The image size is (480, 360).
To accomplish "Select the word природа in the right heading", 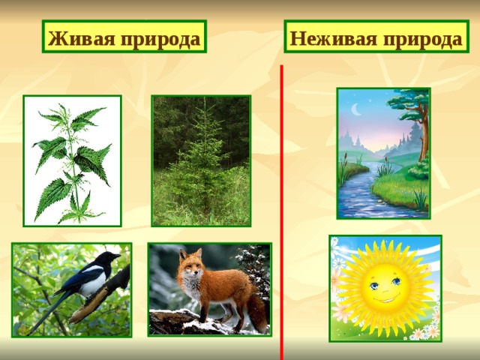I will point(421,37).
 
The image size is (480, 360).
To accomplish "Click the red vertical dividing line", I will point(281,210).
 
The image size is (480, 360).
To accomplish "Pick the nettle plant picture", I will point(72,160).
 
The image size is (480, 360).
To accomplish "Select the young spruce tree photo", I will point(200,160).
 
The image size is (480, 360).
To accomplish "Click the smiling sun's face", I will point(385,287).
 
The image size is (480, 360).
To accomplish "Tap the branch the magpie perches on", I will point(101,300).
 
